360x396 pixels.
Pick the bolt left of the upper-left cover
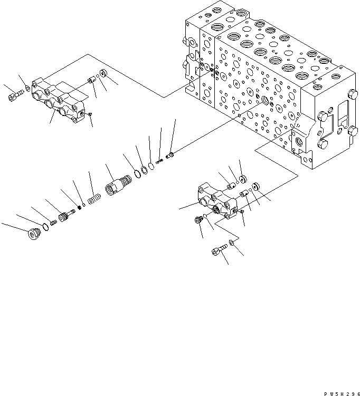[14, 96]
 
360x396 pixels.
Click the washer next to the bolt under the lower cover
[232, 244]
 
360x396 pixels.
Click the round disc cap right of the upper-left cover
[105, 73]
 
